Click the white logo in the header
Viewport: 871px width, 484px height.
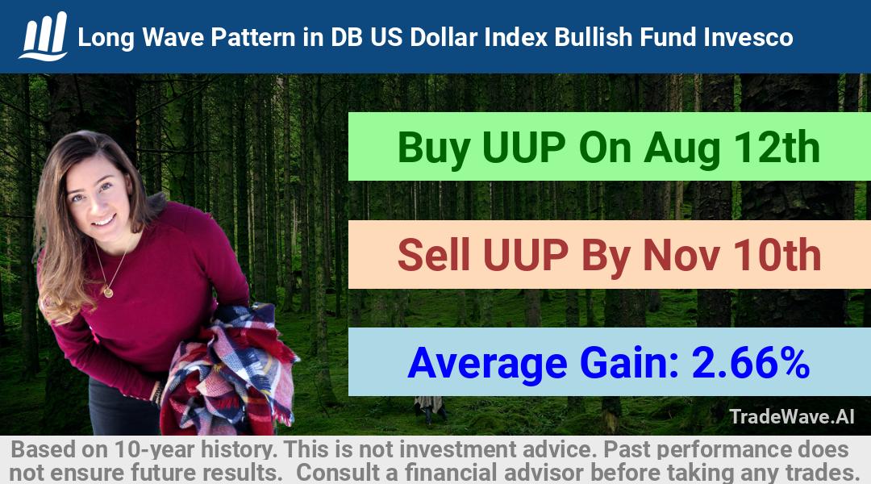44,36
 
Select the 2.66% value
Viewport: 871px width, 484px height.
751,363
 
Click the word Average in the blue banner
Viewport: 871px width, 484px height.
487,365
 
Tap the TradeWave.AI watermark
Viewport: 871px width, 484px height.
792,416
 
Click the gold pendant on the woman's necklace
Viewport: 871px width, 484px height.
108,292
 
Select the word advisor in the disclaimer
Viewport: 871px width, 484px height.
544,473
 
